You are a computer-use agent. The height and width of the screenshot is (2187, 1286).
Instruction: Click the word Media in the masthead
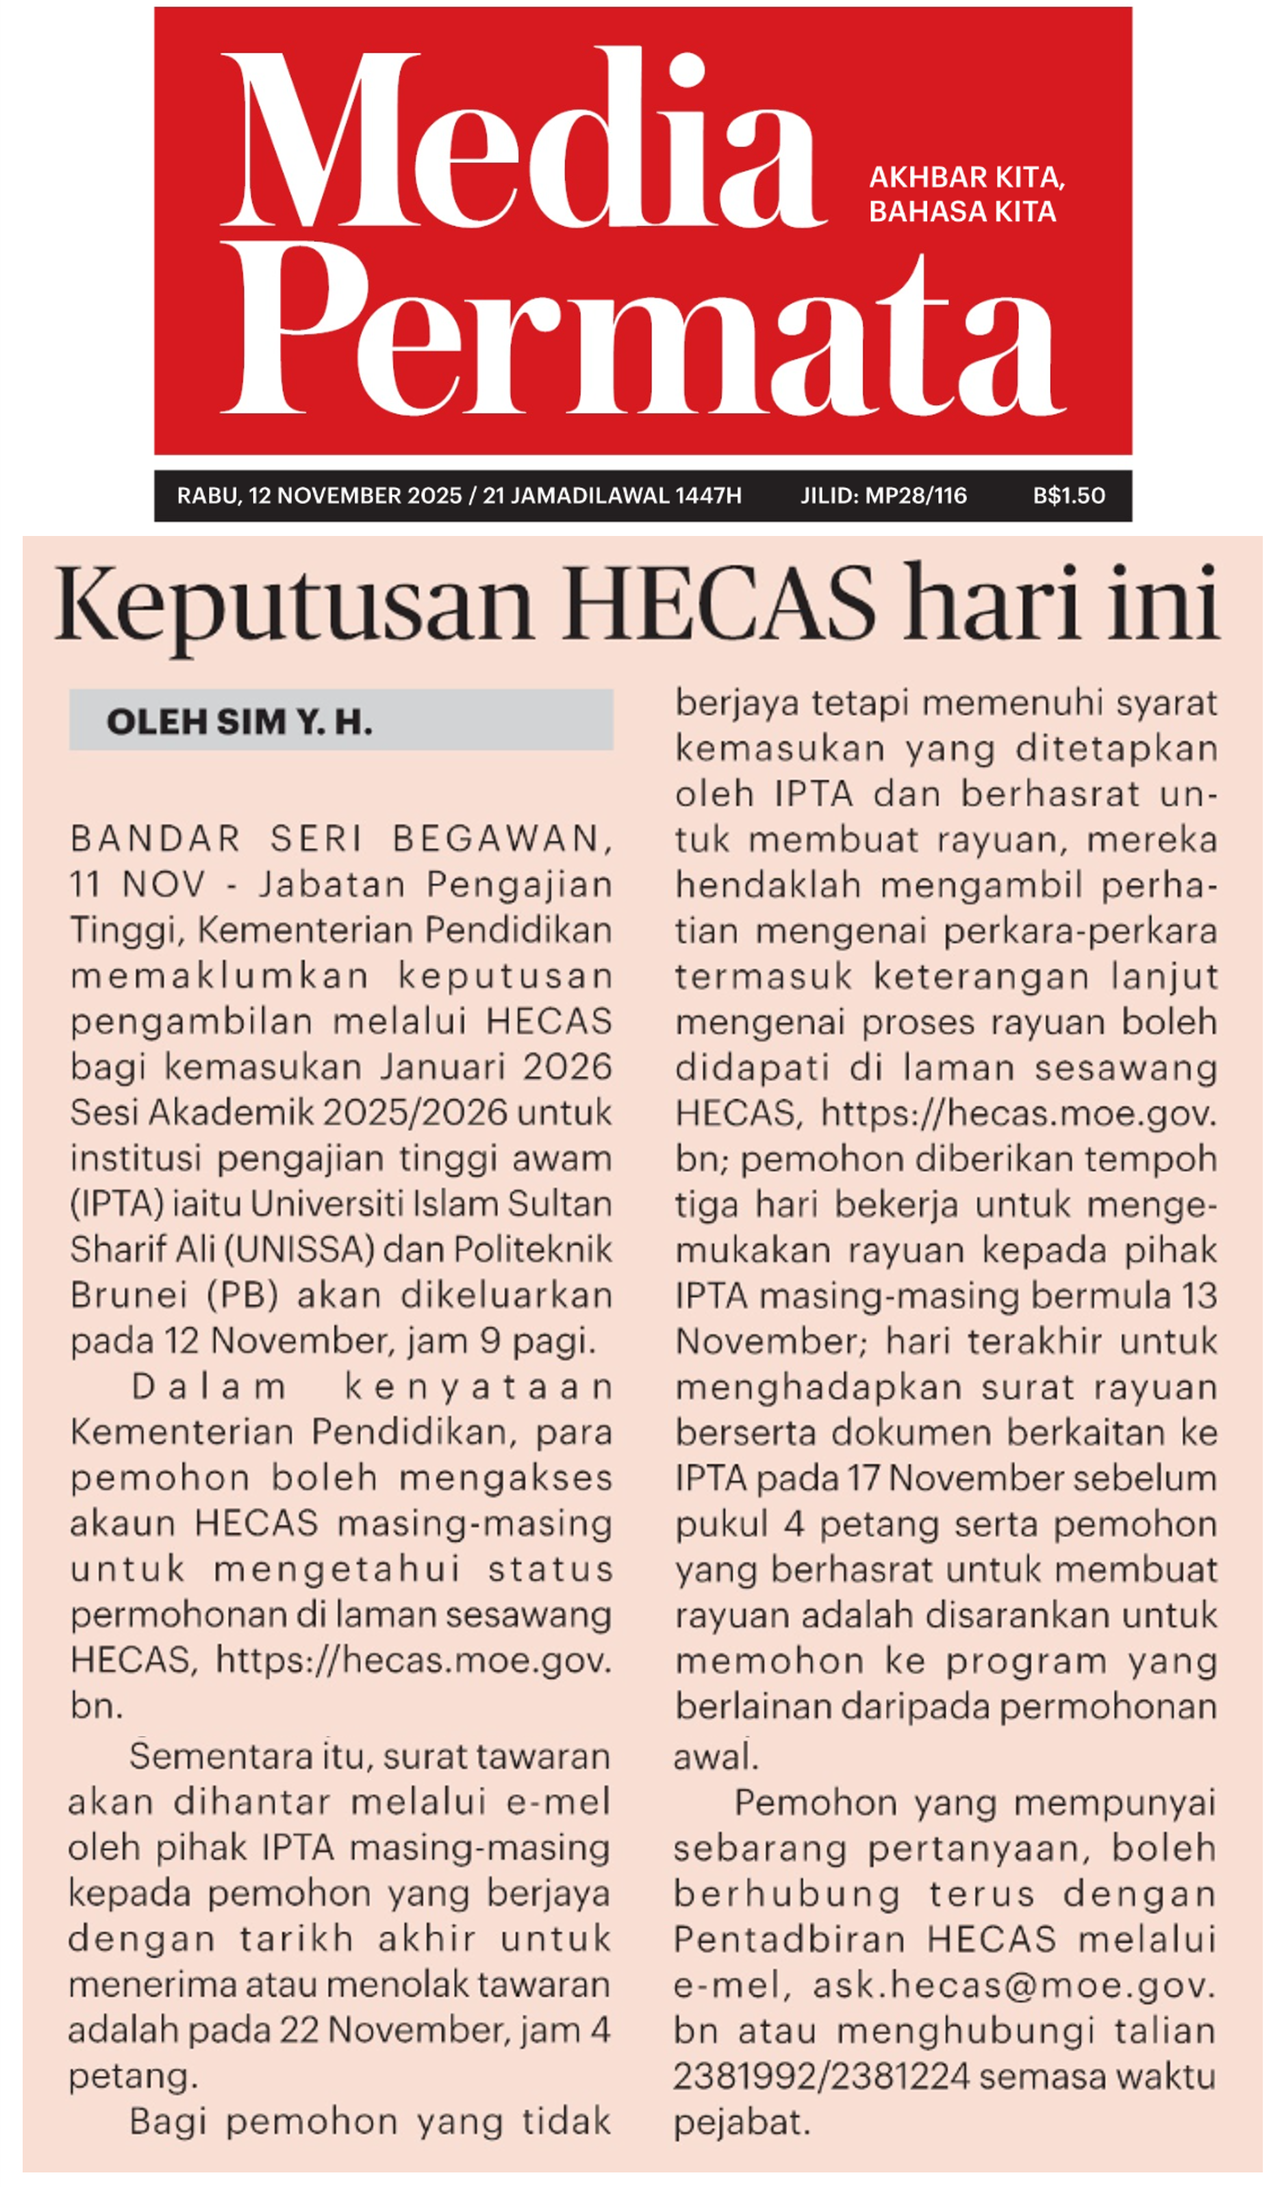pyautogui.click(x=521, y=139)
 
